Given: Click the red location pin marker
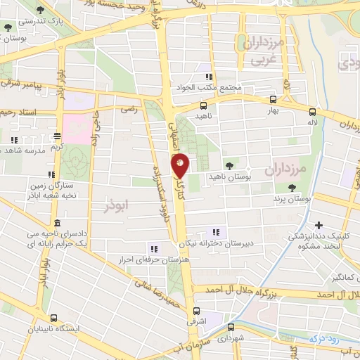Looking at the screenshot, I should pos(181,165).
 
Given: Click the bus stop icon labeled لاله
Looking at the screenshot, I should pos(312,111).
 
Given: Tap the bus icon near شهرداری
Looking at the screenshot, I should pos(231,326).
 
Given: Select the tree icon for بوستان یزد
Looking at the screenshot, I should pos(291,187).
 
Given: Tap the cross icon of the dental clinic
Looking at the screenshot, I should pos(319,226).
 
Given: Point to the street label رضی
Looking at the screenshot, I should pos(129,109).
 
